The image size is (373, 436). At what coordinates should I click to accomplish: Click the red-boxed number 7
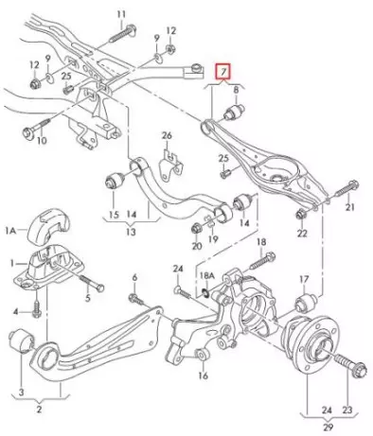(x=223, y=72)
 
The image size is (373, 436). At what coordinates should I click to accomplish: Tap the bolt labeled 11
(x=123, y=34)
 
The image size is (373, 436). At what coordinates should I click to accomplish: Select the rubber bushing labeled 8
(x=235, y=112)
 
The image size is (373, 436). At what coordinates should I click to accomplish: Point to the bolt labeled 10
(x=37, y=128)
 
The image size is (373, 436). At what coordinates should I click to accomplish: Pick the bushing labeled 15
(x=115, y=180)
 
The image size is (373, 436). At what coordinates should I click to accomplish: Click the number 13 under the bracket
(x=131, y=233)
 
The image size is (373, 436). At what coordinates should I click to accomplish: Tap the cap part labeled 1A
(x=48, y=226)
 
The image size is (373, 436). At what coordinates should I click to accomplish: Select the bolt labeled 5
(x=92, y=283)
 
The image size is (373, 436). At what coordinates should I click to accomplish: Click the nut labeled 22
(x=300, y=215)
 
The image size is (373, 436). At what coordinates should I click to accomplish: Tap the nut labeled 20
(x=196, y=228)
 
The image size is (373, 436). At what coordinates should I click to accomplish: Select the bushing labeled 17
(x=305, y=302)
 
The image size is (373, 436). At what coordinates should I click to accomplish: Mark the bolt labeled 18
(x=262, y=260)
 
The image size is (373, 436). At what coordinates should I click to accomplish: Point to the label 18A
(x=207, y=276)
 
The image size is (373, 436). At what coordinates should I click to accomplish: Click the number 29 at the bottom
(x=328, y=427)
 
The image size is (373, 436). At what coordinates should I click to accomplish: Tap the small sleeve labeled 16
(x=201, y=355)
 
